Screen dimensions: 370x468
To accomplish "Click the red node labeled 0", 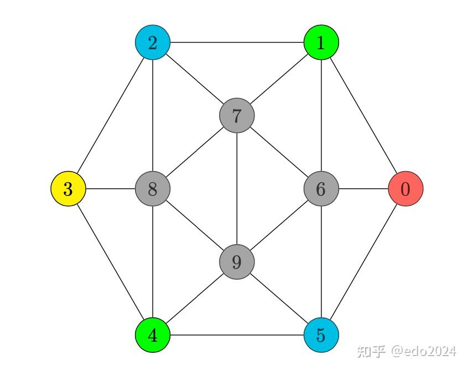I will coord(405,189).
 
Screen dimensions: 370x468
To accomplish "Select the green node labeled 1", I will coord(321,42).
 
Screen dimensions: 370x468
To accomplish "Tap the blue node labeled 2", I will coord(153,42).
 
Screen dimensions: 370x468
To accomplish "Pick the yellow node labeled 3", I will coord(68,189).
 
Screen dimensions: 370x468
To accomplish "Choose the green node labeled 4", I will coord(153,335).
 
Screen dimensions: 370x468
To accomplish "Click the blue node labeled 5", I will coord(321,335).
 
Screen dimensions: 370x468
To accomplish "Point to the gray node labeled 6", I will coord(321,189).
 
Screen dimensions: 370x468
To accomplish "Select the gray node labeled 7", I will coord(237,116).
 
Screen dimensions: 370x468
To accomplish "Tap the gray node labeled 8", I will coord(153,189).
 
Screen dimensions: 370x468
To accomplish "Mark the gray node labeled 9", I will coord(237,261).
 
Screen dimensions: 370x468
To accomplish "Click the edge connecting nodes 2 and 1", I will coord(237,42).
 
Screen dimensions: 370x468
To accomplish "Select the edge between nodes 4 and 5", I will coord(237,335).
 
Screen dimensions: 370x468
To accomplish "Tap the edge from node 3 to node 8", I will coord(111,189).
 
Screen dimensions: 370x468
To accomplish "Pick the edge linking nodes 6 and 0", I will coord(363,189).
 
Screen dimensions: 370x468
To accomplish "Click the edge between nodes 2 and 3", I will coord(111,115).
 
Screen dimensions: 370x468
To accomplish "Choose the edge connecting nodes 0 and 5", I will coord(363,262).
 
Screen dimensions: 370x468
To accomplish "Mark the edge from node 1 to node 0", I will coord(363,115).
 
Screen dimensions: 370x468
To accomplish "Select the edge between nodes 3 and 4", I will coord(111,262).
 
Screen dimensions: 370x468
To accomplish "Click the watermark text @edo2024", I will coord(424,351).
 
